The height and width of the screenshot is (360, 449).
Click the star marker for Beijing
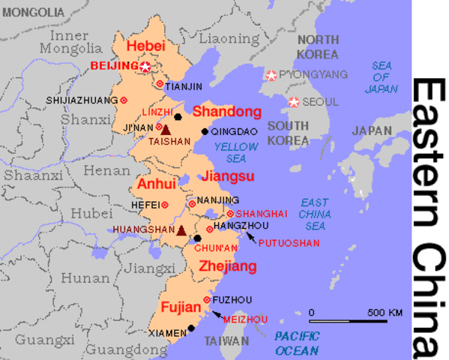145,67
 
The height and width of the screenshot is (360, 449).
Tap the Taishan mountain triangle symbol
166,130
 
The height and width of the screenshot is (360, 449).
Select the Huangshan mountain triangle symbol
181,230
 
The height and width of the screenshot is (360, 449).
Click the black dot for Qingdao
205,132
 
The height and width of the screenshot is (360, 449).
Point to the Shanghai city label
262,214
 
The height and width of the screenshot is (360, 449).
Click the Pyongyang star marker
271,75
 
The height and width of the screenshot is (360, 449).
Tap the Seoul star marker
294,102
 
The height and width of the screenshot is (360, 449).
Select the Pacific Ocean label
296,343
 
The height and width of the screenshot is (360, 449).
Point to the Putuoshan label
289,243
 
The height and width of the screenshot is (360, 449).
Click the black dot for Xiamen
191,327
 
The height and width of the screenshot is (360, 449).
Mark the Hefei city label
145,204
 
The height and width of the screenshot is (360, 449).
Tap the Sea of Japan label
382,77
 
